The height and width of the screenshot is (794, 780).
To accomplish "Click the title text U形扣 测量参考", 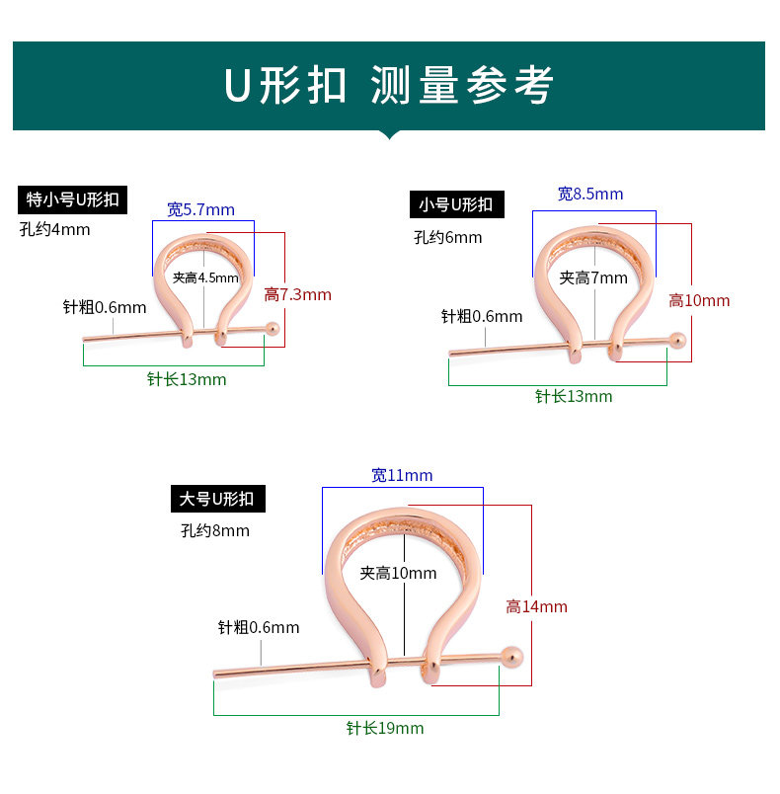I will point(388,86).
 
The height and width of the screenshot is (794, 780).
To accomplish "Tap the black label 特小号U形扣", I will point(73,199).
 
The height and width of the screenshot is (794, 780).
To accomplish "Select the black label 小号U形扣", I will point(456,204).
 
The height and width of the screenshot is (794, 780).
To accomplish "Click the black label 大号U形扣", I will point(216,499).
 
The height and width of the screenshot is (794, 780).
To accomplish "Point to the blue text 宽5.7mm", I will point(200,209).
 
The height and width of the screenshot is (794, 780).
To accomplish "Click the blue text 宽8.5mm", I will point(590,194).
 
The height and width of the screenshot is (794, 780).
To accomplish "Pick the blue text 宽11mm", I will point(402,475).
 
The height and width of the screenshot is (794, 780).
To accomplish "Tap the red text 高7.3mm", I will point(297,294).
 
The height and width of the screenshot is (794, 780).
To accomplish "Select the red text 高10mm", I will point(699,300).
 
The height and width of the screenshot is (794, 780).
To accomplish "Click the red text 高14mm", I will point(537,606).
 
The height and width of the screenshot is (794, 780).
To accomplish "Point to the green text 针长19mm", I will point(385,728).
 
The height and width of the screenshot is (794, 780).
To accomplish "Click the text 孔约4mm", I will point(54,230).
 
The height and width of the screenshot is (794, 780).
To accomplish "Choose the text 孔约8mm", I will point(215,530).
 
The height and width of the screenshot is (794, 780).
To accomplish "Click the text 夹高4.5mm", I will point(205,278).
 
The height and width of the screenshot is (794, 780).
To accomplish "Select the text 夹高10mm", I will point(398,573).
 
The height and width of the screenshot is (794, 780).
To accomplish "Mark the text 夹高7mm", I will point(593,278).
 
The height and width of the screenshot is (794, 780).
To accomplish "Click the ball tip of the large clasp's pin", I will point(510,653).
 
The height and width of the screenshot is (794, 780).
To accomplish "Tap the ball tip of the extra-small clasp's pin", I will point(273,328).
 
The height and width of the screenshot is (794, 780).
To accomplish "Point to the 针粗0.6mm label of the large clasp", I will point(259,627).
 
